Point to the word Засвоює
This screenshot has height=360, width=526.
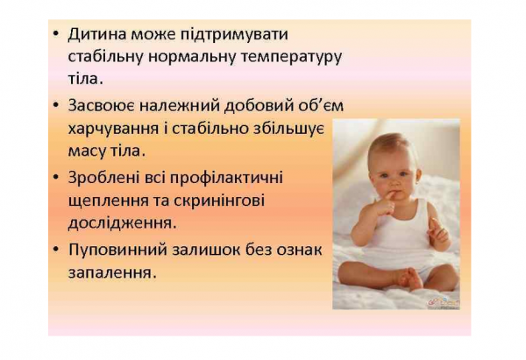pos(103,105)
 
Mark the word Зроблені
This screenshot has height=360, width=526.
pos(103,177)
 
